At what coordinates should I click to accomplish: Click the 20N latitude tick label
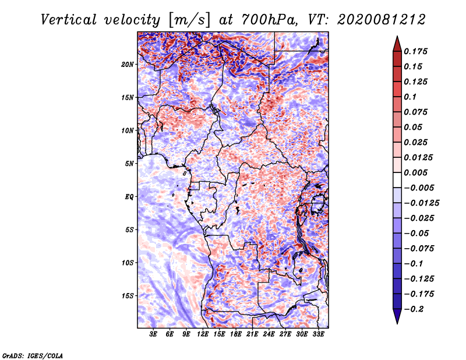pos(128,64)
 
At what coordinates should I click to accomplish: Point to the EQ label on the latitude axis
pos(129,196)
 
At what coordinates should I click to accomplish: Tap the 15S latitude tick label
pos(128,295)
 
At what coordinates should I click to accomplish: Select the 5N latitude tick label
pos(129,163)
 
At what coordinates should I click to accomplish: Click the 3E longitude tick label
pos(153,334)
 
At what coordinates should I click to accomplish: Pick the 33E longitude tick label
pos(318,334)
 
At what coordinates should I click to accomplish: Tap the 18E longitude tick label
pos(236,334)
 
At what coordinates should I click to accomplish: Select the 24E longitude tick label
pos(269,334)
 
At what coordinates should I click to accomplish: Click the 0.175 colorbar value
pos(417,51)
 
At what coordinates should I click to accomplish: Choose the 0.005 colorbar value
pos(417,172)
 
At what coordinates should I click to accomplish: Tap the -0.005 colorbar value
pos(419,188)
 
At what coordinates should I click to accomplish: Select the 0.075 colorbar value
pos(417,112)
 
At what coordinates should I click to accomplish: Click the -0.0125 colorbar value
pos(422,203)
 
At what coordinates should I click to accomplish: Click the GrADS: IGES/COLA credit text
pos(32,355)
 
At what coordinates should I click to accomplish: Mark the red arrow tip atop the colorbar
pos(397,38)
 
